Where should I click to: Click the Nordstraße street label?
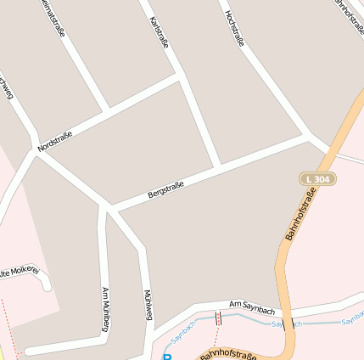point(55,141)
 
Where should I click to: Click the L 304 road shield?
point(317,179)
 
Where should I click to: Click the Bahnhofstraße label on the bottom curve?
point(227,354)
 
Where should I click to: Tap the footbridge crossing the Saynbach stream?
point(218,318)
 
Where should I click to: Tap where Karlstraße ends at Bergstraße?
point(219,165)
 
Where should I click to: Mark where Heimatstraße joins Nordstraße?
point(107,110)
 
